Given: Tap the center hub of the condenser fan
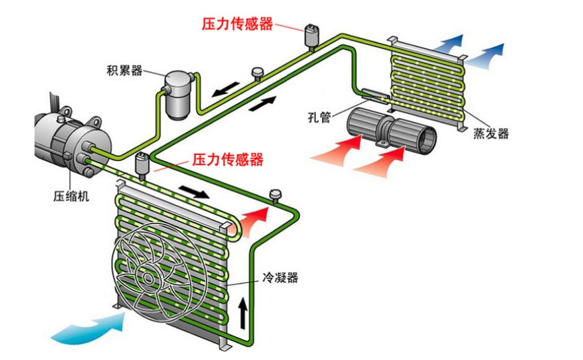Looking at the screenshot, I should [148, 276].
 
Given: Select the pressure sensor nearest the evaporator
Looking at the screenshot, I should [312, 35].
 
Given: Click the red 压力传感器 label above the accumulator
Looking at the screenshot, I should [237, 24].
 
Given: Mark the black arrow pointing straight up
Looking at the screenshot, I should [243, 311].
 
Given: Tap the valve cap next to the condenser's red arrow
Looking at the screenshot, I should [275, 197].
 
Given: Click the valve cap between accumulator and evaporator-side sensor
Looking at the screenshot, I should [257, 72].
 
